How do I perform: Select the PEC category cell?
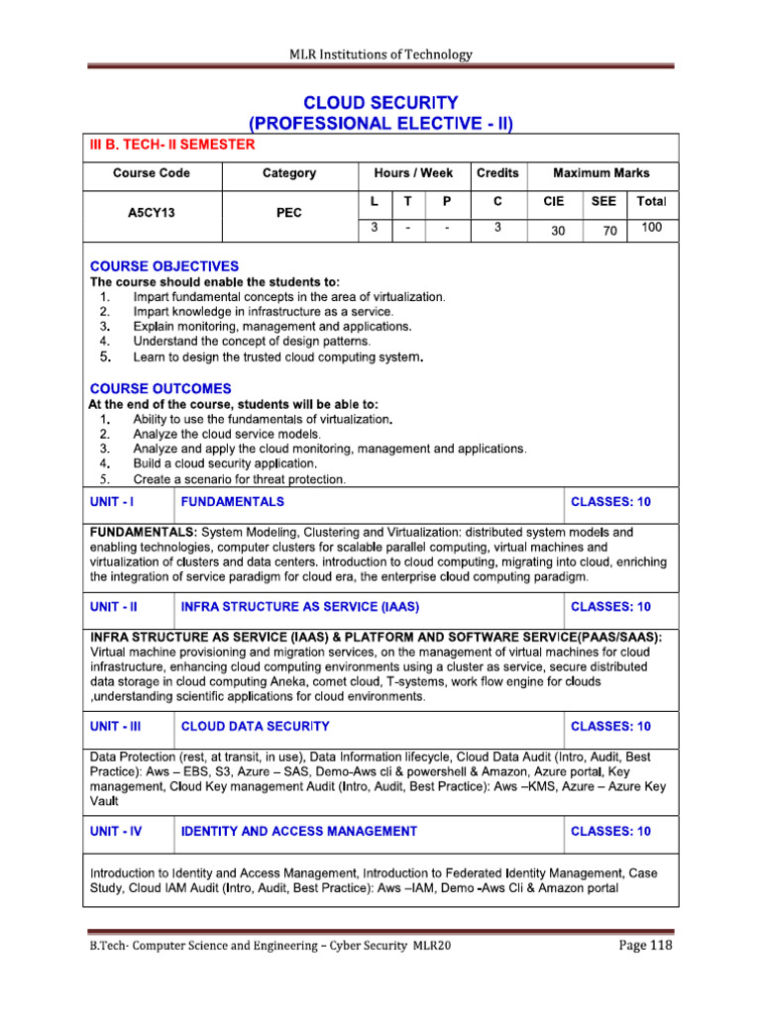coord(289,213)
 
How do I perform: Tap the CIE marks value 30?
coord(553,231)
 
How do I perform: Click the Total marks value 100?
coord(651,228)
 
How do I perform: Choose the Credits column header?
coord(497,173)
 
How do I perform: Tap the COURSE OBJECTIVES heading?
coord(163,266)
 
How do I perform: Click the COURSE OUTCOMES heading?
coord(161,388)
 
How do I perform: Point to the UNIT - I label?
coord(112,502)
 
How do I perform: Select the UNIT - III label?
coord(116,726)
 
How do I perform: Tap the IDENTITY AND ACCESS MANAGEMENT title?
coord(299,831)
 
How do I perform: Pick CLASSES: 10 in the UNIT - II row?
coord(611,606)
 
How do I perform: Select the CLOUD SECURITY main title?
coord(380,102)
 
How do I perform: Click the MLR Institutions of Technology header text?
coord(380,54)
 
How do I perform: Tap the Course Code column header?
coord(152,173)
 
